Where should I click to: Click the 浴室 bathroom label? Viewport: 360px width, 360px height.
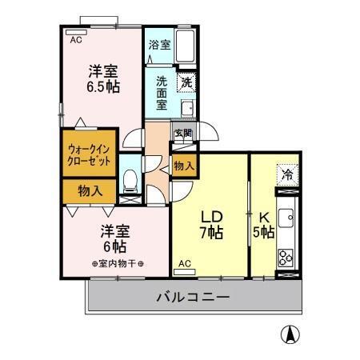point(159,45)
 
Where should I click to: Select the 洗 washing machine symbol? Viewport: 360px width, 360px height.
point(186,81)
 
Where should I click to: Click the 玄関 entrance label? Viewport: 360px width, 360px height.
point(183,134)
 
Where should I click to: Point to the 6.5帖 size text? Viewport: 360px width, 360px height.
point(104,86)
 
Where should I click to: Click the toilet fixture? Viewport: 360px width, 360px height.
point(130,180)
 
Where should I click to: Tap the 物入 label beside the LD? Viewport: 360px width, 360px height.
point(184,166)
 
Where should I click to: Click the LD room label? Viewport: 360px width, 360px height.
point(210,217)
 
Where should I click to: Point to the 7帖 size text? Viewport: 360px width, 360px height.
point(210,234)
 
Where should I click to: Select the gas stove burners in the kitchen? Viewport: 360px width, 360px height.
point(286,255)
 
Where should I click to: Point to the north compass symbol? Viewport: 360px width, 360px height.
point(287,334)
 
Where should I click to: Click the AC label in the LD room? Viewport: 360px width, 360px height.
point(184,263)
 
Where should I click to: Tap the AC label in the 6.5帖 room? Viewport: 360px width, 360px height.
point(76,39)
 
